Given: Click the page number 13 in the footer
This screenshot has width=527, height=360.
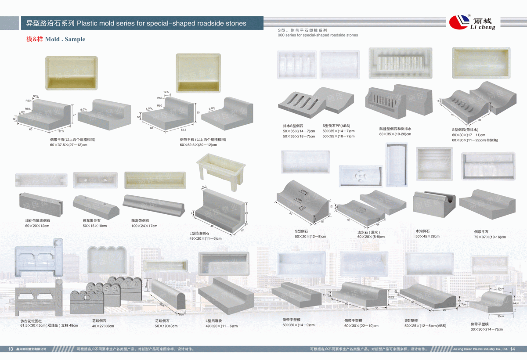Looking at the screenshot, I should pos(11,349).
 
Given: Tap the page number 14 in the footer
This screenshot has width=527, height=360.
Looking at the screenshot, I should pos(512,349).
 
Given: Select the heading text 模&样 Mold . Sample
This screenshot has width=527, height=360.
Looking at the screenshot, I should pos(56,39).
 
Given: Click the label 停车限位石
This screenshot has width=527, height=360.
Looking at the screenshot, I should pos(91,220).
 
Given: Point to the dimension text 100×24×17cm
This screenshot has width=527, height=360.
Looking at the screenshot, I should pos(144,226).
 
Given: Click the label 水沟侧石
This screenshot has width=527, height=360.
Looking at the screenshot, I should pos(422,231).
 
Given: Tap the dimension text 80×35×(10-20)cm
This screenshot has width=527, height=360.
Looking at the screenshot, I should pos(395,134).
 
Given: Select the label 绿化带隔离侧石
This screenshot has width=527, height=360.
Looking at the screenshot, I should pos(37,220).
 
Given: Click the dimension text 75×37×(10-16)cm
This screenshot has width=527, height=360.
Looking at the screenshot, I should pos(490,237).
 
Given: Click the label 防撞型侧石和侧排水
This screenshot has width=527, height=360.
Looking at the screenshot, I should pos(395,129).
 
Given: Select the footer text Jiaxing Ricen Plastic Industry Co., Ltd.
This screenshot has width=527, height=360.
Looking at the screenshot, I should pos(480,349).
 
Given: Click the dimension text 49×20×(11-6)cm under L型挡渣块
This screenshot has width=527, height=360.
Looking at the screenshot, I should pos(221,326).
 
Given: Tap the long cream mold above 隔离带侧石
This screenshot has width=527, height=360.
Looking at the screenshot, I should pos(155,180).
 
